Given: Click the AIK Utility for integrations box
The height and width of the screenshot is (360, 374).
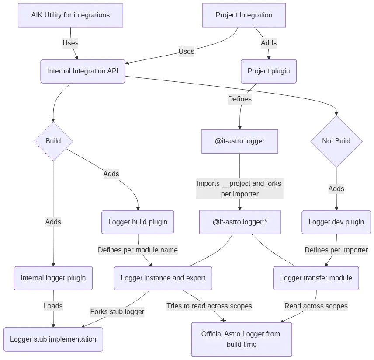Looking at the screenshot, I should pyautogui.click(x=70, y=15).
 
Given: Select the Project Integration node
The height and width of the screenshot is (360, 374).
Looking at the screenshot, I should pyautogui.click(x=244, y=15).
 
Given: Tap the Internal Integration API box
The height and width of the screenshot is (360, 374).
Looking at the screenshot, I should pyautogui.click(x=83, y=71).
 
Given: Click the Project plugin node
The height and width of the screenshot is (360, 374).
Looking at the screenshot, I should pyautogui.click(x=268, y=71).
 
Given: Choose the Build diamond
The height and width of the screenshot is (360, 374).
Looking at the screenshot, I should pyautogui.click(x=53, y=141).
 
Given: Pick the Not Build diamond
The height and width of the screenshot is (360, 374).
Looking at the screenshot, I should pyautogui.click(x=336, y=141).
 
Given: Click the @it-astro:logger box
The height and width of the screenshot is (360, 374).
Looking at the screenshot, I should pyautogui.click(x=239, y=141).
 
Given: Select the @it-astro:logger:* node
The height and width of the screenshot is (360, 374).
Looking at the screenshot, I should pyautogui.click(x=239, y=222).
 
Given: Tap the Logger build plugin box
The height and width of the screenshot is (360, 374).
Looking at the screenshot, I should pyautogui.click(x=138, y=222).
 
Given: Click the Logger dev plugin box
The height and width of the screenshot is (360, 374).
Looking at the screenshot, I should pyautogui.click(x=336, y=222).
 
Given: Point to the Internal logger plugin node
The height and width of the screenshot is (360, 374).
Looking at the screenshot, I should pyautogui.click(x=53, y=278).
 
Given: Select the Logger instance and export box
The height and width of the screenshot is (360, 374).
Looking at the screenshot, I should pyautogui.click(x=163, y=278).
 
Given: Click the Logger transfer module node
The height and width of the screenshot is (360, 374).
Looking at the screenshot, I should pyautogui.click(x=316, y=278).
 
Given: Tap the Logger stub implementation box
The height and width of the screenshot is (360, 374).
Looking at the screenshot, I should pyautogui.click(x=53, y=339).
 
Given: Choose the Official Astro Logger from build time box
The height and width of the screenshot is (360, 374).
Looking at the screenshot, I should pyautogui.click(x=241, y=339).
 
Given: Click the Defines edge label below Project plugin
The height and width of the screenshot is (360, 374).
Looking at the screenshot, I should pyautogui.click(x=239, y=99).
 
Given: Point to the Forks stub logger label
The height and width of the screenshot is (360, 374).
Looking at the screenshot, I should pyautogui.click(x=117, y=312).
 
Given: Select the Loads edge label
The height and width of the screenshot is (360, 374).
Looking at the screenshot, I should pyautogui.click(x=53, y=306).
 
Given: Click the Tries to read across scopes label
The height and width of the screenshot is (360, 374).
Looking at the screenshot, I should pyautogui.click(x=209, y=306).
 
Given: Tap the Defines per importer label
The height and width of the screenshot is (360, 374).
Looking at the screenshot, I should pyautogui.click(x=336, y=250).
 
